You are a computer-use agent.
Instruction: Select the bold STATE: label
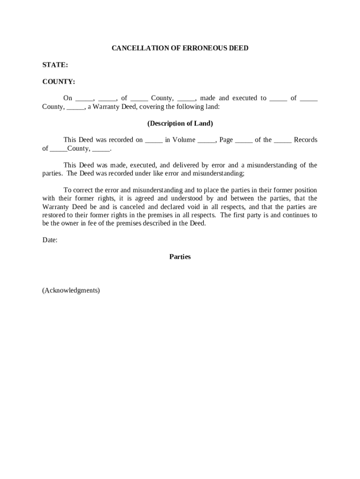55,65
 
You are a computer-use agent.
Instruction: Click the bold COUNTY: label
58,82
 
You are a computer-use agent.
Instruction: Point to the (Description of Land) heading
180,123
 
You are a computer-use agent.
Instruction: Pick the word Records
305,140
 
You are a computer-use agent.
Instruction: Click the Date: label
50,240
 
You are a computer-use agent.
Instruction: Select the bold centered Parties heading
180,257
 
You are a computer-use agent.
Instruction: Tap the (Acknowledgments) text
71,290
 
